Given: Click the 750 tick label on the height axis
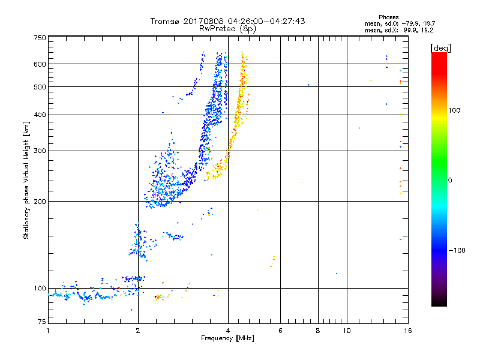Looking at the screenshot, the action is click(x=40, y=38).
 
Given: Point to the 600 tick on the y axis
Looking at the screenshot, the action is click(x=40, y=64).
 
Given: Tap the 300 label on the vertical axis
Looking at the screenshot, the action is click(x=40, y=151).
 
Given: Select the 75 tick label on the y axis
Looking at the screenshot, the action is click(x=42, y=322).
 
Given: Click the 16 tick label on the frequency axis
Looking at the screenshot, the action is click(x=408, y=331).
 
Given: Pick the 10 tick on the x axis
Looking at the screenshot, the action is click(x=347, y=331).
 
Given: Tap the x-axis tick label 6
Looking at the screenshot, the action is click(x=280, y=331).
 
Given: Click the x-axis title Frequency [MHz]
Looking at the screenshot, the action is click(x=227, y=338).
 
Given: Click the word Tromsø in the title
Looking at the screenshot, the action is click(x=166, y=21).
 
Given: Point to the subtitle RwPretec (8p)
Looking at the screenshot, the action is click(x=227, y=29).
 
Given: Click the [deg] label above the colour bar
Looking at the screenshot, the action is click(x=440, y=48).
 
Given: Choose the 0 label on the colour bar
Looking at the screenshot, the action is click(x=450, y=181).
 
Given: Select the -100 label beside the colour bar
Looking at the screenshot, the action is click(x=457, y=250).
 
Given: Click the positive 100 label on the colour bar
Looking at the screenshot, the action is click(x=454, y=110).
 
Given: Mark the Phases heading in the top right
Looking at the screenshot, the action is click(x=389, y=17).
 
